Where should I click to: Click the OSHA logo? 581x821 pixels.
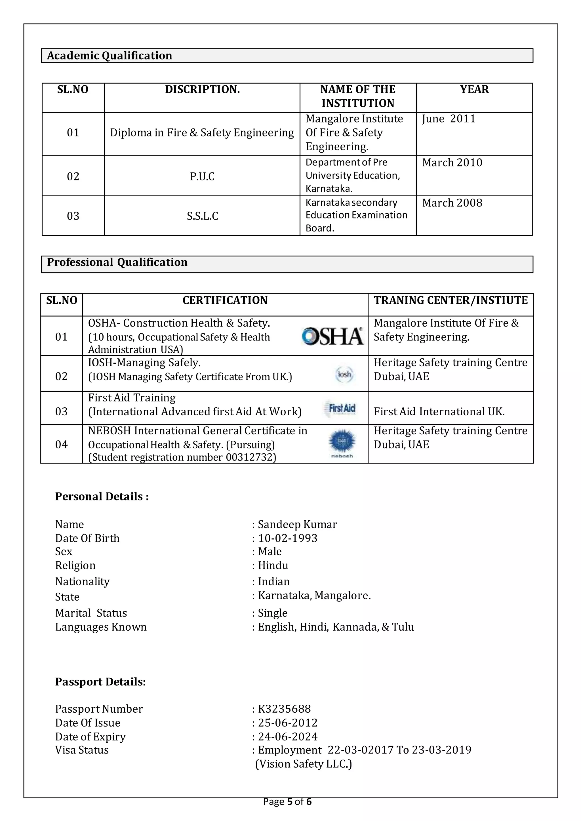coord(333,336)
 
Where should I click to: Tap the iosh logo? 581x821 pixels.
coord(344,374)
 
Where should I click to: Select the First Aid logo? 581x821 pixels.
coord(342,408)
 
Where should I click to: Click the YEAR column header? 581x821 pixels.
coord(474,89)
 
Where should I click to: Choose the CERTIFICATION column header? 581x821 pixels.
coord(225,300)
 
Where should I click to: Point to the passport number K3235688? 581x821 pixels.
coord(285,709)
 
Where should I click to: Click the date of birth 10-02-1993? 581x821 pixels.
coord(288,538)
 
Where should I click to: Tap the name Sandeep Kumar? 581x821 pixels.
coord(297,524)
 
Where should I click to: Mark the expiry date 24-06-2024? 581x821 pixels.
coord(288,736)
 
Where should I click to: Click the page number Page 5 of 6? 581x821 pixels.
coord(287,802)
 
